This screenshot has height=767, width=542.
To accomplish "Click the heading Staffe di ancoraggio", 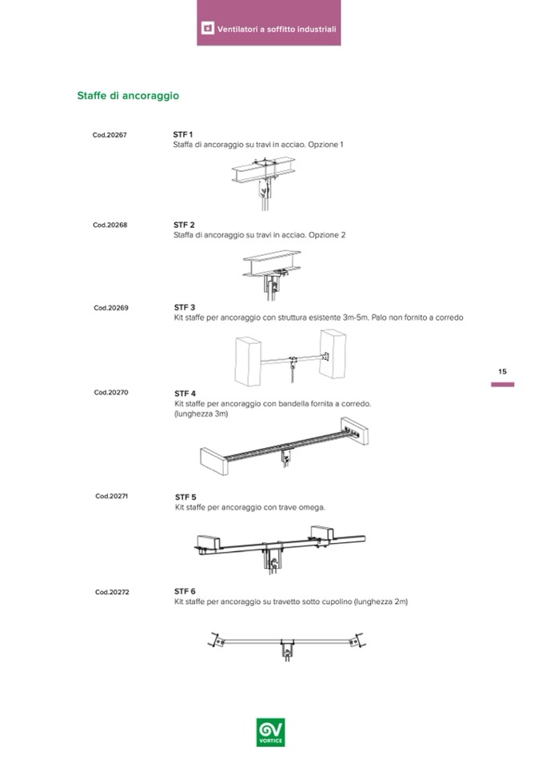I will [127, 96].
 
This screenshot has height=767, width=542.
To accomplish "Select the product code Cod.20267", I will [110, 135].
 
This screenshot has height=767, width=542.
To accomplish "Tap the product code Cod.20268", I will [110, 225].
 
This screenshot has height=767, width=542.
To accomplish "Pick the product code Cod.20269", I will [110, 307].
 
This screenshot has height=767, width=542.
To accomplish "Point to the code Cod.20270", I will [111, 392].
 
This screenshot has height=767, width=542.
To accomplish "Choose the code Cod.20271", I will [112, 496].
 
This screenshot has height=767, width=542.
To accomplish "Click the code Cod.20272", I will [112, 592].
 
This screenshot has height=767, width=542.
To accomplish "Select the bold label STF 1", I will [183, 134].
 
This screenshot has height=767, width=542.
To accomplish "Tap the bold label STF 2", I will [184, 225].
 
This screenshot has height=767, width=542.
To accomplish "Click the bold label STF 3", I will [185, 307].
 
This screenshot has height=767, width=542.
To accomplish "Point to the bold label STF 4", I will [185, 393].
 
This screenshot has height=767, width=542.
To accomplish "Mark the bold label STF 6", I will [185, 592].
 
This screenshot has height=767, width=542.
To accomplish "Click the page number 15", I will [502, 371].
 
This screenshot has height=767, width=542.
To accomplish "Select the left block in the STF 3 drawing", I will [249, 359].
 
